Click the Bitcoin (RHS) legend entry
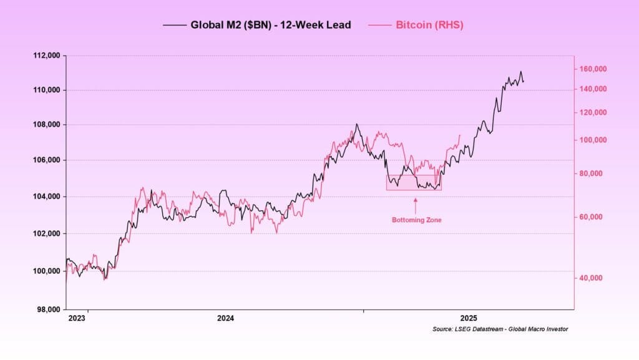point(429,25)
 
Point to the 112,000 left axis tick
point(46,56)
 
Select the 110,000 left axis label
point(46,90)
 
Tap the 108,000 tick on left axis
point(46,125)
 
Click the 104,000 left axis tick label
point(46,197)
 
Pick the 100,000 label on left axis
point(46,271)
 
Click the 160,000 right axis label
point(592,69)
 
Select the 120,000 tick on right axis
point(592,113)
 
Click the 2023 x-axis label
point(77,318)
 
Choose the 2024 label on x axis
point(225,318)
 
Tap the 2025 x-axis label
point(468,318)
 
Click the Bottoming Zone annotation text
point(416,220)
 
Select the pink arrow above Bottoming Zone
point(416,204)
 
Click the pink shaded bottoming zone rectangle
point(414,182)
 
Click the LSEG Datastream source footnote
point(500,329)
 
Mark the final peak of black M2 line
point(520,72)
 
